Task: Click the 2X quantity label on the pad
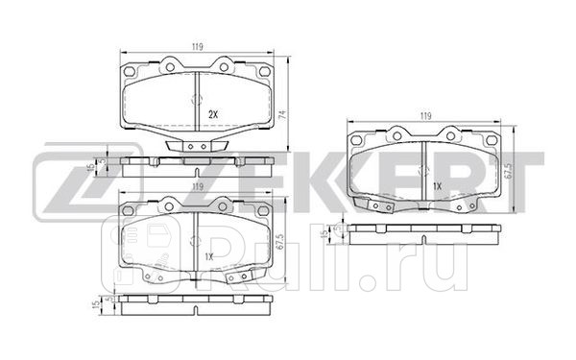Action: tap(214, 113)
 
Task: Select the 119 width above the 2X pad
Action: tap(196, 43)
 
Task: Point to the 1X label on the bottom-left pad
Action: tap(208, 255)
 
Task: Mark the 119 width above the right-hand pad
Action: tap(425, 116)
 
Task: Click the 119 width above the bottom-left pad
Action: tap(196, 185)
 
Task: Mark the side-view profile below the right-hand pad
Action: tap(423, 233)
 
